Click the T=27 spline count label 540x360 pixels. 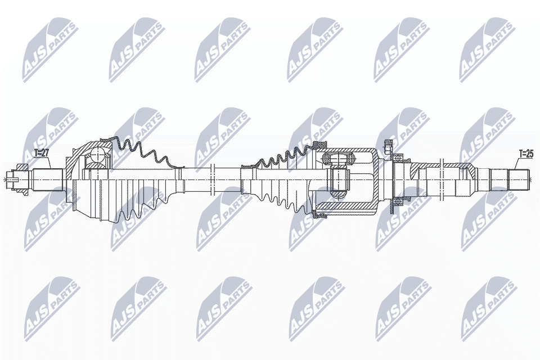pos(42,154)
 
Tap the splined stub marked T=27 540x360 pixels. pos(47,179)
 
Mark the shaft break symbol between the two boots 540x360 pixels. pos(212,179)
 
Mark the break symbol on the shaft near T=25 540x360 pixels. pos(442,179)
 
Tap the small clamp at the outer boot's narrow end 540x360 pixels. pos(179,179)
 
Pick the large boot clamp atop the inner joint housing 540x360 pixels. pos(320,144)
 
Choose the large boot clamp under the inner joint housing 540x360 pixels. pos(320,215)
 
